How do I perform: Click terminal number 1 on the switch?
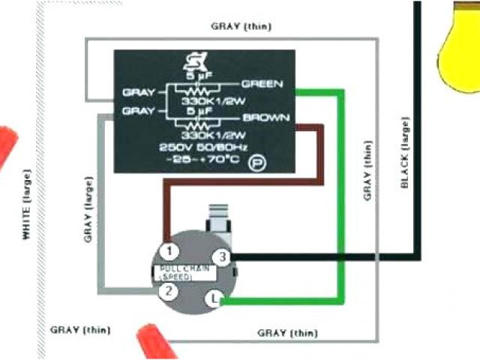171,250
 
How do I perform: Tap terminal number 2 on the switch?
171,291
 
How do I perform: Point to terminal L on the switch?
214,299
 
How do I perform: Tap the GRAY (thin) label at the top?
241,27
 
